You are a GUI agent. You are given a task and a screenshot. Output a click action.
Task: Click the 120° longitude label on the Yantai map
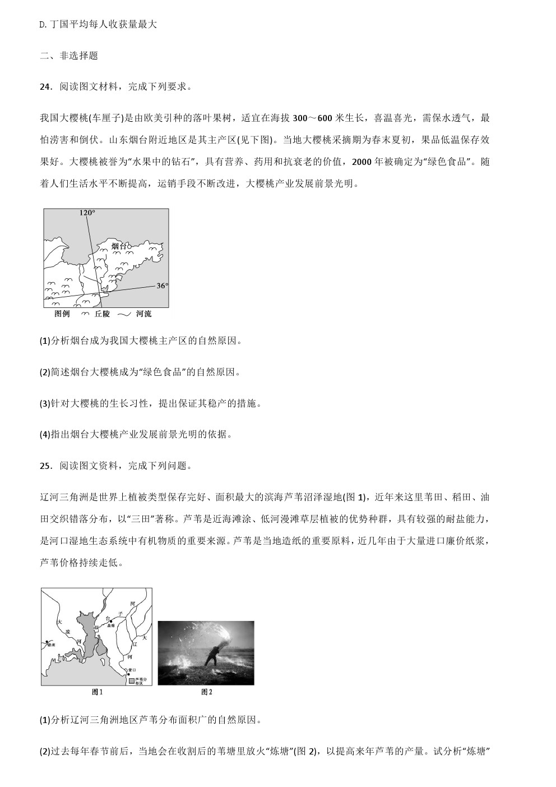coord(87,213)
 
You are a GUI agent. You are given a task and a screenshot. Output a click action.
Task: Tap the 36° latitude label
coord(161,286)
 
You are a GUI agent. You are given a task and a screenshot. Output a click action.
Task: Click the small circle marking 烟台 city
coord(129,246)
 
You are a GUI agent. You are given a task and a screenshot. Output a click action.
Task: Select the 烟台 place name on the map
coord(119,246)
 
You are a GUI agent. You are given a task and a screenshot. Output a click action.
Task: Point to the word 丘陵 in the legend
coord(102,314)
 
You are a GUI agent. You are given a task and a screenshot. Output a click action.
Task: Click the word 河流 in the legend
coord(143,314)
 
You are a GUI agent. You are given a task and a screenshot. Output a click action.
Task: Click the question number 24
coord(45,87)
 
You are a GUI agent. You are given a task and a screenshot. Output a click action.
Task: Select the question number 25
coord(45,466)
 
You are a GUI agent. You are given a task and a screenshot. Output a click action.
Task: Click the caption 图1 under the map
coord(97,692)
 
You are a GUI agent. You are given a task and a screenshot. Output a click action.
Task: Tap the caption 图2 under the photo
coord(207,692)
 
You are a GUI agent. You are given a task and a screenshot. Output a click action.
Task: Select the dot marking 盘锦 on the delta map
coord(111,621)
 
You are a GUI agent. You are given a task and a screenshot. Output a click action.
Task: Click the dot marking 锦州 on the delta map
coord(47,641)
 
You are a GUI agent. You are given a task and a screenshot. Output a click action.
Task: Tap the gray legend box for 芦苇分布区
coord(132,680)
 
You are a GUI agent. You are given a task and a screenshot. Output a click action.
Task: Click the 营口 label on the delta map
coord(132,670)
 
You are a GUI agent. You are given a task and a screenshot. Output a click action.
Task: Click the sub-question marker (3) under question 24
coord(45,403)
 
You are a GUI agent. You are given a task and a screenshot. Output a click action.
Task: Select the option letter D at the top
coord(43,24)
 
